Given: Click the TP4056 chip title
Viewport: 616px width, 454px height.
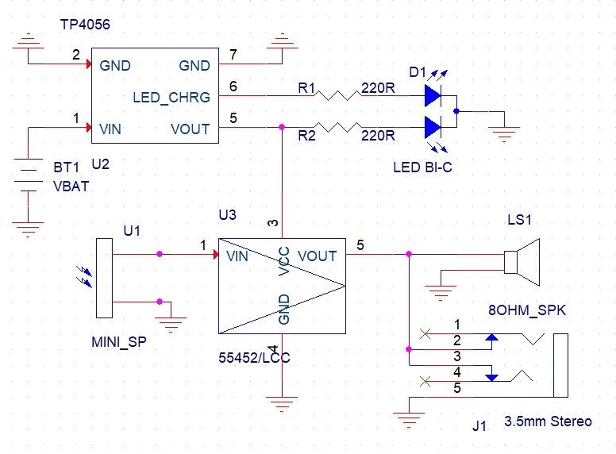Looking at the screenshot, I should point(85,25).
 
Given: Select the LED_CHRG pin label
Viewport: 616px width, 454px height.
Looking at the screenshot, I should point(171,98).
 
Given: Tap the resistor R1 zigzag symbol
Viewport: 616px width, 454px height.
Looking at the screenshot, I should point(337,96).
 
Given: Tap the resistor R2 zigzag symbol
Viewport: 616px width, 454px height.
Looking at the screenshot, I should point(337,127).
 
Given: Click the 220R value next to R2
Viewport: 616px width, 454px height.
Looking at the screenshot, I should point(379,137).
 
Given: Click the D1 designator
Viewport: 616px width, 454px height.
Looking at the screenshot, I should point(418,73).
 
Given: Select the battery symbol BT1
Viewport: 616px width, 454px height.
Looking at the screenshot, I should point(29,176).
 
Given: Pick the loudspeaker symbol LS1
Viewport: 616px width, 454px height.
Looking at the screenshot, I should point(522,261).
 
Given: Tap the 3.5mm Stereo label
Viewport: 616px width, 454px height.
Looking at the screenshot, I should point(548,421).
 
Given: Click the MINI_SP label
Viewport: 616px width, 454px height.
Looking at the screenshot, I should point(119,344).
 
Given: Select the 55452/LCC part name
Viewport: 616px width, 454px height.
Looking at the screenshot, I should point(254,357).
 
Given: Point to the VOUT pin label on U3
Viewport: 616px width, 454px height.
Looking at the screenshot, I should point(318,256).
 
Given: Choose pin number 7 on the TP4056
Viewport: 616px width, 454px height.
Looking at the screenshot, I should point(232,54).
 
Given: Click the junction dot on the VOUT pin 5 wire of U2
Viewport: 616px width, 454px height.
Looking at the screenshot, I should point(282,127).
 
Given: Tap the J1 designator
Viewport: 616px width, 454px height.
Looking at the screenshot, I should point(479,426).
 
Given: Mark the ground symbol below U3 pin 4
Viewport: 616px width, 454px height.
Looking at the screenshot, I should point(283,402).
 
